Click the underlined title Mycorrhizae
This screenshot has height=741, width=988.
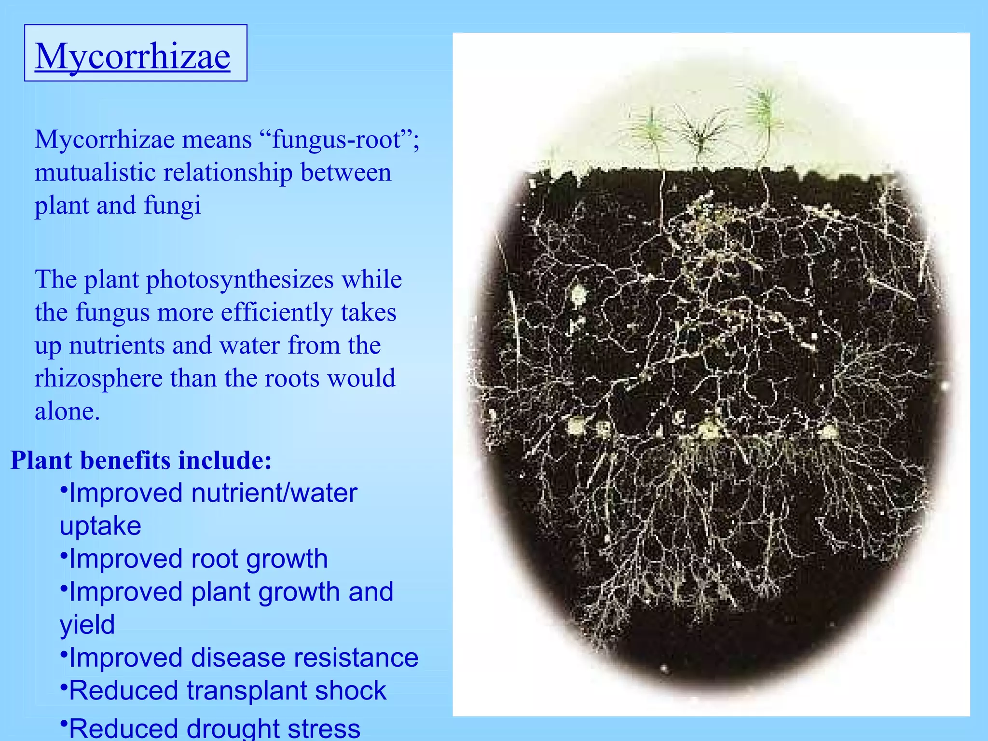pos(133,56)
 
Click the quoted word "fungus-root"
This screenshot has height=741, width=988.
pos(336,140)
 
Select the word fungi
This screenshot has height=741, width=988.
pos(172,206)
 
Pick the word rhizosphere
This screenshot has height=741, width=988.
pos(98,378)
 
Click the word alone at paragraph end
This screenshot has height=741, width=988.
pos(67,412)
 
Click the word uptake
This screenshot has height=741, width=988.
pos(100,526)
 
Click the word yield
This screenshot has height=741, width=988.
pos(87,625)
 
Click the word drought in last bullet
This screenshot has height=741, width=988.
pos(233,728)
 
